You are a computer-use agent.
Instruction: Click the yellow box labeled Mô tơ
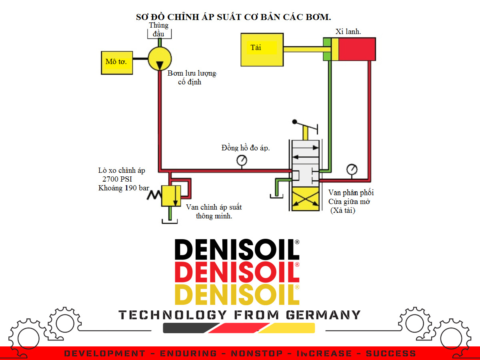tap(117, 62)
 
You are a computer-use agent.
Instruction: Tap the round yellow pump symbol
tap(160, 59)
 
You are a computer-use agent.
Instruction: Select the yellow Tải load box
tap(262, 50)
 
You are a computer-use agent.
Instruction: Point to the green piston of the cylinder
tap(327, 50)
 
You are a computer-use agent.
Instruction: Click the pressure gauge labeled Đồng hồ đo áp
tap(242, 161)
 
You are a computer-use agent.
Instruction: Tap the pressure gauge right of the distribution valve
tap(352, 169)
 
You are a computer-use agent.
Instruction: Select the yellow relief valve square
tap(171, 196)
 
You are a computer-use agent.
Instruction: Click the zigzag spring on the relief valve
tap(154, 196)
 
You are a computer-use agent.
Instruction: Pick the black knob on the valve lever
tap(295, 122)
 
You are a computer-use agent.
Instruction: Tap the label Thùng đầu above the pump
tap(159, 29)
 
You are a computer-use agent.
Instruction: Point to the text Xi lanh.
tap(348, 32)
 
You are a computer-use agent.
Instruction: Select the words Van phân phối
tap(351, 193)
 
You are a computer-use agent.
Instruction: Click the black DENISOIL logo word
tap(237, 250)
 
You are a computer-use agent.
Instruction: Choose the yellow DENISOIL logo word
tap(237, 294)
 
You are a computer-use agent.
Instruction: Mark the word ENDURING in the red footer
tap(188, 354)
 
